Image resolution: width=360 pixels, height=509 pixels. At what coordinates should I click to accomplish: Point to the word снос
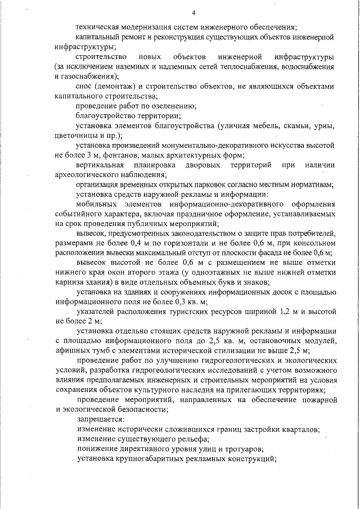pyautogui.click(x=87, y=88)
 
